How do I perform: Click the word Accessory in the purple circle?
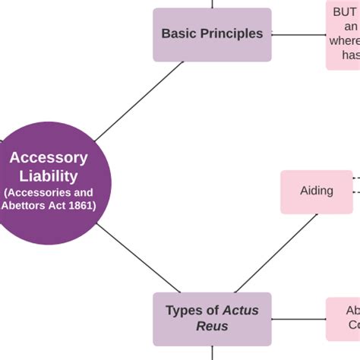49,158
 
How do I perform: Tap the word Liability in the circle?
49,176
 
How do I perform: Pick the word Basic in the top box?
178,34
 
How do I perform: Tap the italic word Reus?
212,327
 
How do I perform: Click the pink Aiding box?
316,191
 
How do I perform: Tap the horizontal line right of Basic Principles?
298,34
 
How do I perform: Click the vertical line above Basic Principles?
212,4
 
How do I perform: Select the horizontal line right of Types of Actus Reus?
298,318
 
